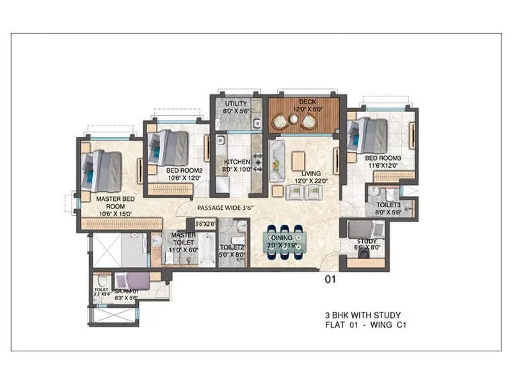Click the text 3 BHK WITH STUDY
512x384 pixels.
coord(362,315)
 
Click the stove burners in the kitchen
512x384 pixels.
coord(258,163)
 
